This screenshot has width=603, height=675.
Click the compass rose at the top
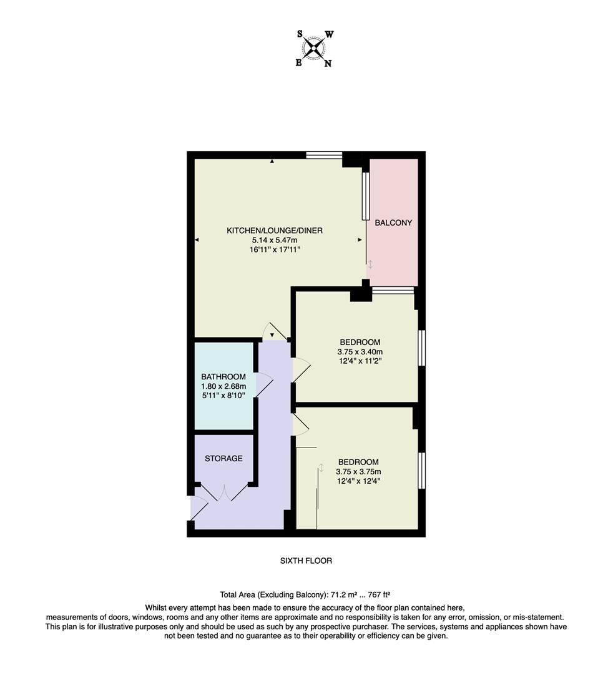314,48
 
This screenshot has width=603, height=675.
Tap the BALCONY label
393,222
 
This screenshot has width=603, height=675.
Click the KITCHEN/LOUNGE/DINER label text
275,231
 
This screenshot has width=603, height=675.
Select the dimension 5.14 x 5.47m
275,240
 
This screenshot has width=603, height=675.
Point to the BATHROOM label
223,377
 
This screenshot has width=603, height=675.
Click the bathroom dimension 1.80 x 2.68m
223,386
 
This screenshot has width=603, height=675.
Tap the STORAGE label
223,458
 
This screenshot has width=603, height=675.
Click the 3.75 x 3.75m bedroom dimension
358,472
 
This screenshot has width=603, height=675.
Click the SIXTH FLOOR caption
306,561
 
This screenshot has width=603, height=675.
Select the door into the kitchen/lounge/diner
273,332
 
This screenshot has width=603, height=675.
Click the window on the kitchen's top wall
324,155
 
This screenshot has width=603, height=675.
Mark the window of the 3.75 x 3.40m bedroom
421,347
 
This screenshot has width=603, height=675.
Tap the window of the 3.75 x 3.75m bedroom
421,470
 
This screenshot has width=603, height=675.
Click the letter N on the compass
328,63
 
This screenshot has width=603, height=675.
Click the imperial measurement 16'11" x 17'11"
275,249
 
